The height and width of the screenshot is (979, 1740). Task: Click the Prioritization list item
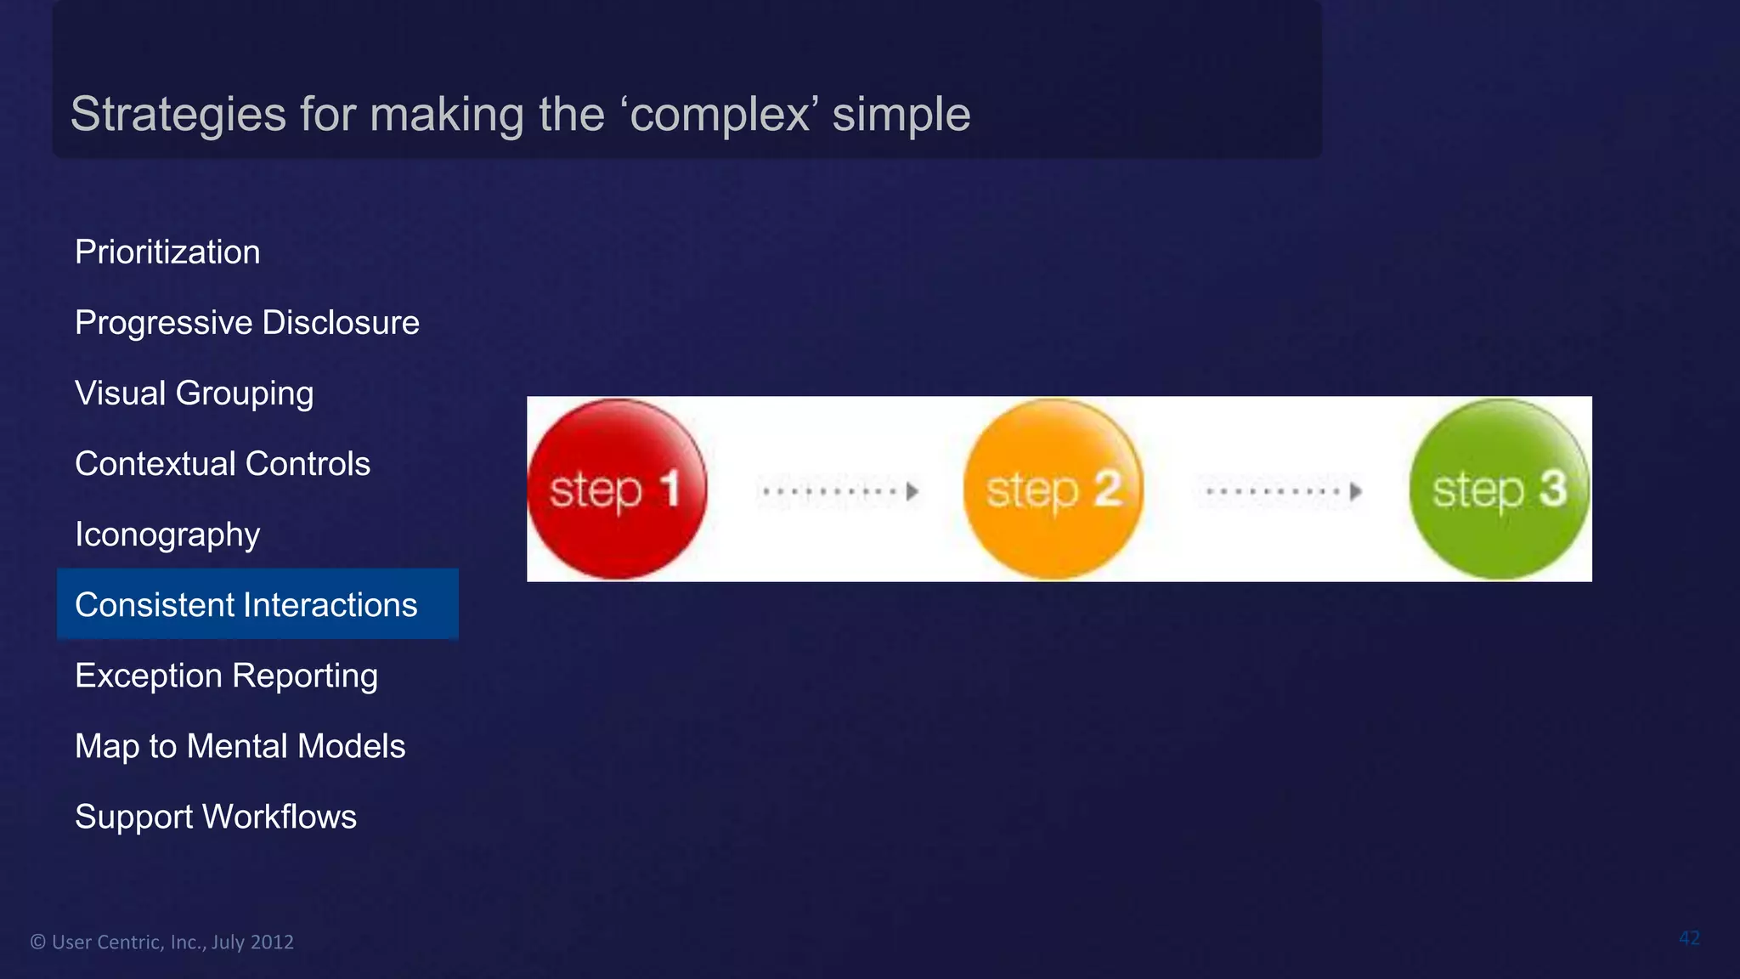click(167, 252)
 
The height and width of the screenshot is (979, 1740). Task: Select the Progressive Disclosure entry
click(246, 323)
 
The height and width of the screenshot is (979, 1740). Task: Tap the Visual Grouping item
click(194, 393)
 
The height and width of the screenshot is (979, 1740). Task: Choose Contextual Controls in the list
click(222, 464)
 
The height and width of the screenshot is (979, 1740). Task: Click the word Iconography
click(167, 535)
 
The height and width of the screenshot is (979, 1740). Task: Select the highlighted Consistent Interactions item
click(246, 605)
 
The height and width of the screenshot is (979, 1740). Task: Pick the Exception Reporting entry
click(226, 676)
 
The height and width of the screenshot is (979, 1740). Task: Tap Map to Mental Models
click(240, 746)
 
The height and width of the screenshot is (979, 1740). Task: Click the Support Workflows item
click(215, 817)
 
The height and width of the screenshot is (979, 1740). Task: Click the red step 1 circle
click(617, 489)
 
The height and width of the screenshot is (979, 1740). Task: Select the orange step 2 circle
click(1054, 489)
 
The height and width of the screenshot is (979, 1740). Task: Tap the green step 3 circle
click(1499, 489)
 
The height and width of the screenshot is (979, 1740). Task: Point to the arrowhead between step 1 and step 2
click(912, 491)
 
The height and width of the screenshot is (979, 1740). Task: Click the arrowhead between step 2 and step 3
click(1356, 491)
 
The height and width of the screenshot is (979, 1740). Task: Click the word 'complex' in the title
click(723, 114)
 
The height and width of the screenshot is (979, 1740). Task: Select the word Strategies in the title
click(178, 114)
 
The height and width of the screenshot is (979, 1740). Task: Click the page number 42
click(1689, 938)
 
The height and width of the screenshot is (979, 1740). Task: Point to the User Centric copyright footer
click(161, 942)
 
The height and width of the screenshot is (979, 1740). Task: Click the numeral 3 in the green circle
click(1553, 489)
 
